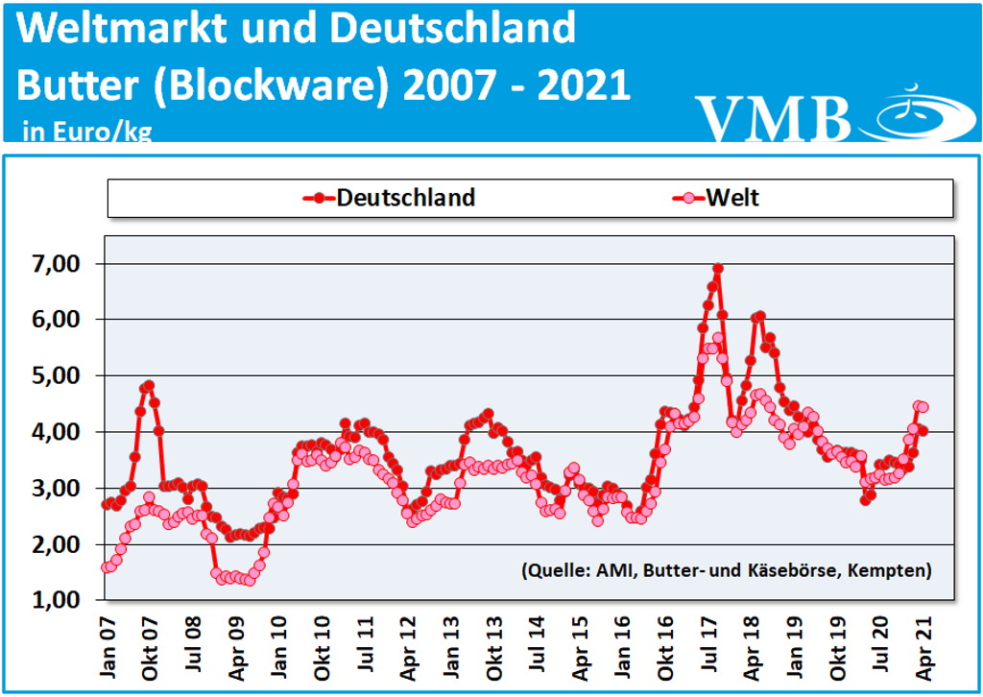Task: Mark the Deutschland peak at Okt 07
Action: coord(149,385)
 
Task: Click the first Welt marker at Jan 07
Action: coord(107,567)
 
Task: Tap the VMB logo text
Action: coord(774,118)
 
